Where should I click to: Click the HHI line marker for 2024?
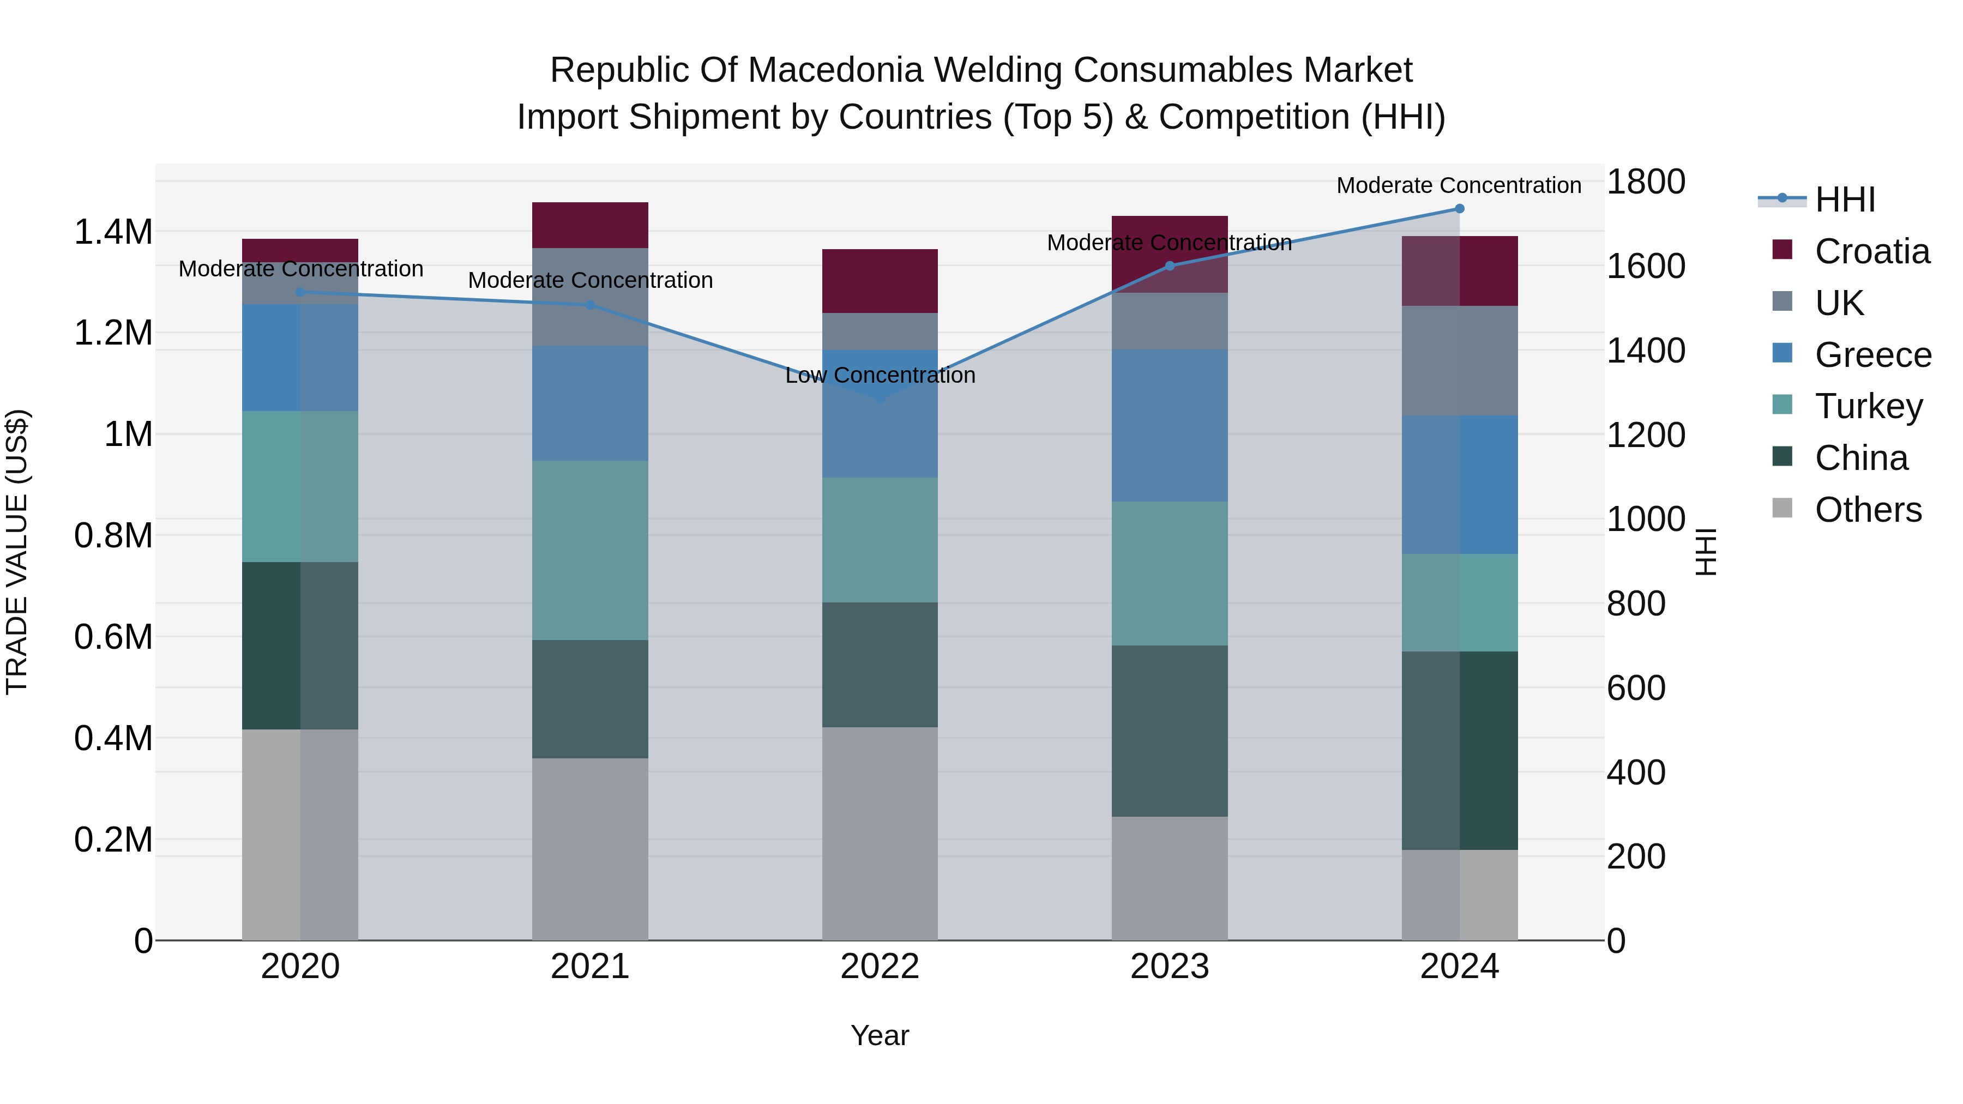(1459, 209)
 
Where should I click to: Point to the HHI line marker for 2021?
(590, 305)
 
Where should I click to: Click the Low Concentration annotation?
(880, 376)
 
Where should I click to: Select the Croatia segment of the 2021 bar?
(590, 225)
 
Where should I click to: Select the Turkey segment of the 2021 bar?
(590, 550)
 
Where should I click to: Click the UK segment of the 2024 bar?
(1459, 360)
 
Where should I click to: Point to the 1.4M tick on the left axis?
(113, 232)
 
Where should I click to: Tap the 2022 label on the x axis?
(880, 967)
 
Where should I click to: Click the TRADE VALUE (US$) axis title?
(17, 552)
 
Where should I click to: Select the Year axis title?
(880, 1035)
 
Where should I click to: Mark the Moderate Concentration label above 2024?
(1459, 185)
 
